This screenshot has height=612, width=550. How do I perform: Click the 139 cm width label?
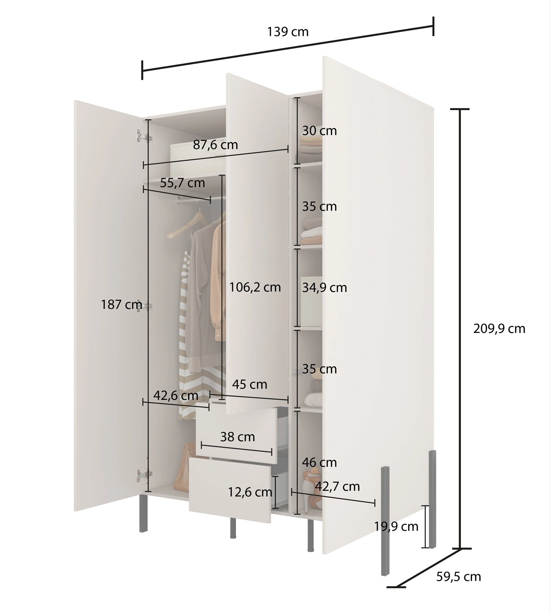click(288, 32)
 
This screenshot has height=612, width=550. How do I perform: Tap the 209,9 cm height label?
click(499, 328)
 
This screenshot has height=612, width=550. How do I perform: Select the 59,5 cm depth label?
click(459, 577)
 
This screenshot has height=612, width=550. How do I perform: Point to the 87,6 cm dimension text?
click(215, 145)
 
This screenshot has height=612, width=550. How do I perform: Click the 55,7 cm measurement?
click(182, 183)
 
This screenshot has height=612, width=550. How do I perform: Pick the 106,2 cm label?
click(255, 287)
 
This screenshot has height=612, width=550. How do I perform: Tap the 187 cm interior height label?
click(121, 304)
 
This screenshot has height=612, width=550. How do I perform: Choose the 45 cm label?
click(249, 384)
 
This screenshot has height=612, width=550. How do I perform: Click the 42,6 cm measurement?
click(176, 396)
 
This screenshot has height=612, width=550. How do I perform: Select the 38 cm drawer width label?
click(237, 437)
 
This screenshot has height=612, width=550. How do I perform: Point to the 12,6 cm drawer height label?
click(250, 492)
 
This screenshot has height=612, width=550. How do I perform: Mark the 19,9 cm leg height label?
click(396, 526)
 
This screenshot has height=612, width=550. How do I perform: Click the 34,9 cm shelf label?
click(324, 288)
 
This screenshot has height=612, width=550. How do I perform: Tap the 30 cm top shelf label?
click(319, 131)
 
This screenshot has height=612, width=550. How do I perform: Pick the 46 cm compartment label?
click(319, 463)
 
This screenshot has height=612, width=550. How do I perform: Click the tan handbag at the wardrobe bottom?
click(186, 469)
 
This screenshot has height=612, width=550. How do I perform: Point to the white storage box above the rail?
click(198, 159)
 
